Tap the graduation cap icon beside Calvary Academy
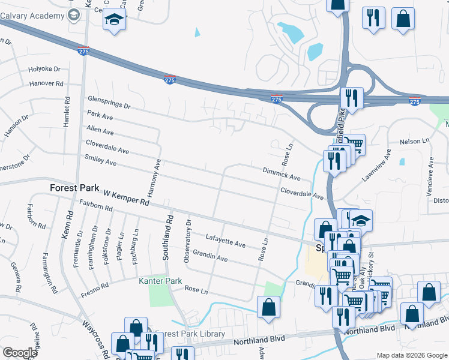114,20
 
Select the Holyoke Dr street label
44,70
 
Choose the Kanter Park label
160,281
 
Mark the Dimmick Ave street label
281,174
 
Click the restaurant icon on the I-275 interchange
351,98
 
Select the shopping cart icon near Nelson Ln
355,145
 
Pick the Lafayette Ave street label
226,240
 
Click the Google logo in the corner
19,353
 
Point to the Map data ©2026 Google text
411,355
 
